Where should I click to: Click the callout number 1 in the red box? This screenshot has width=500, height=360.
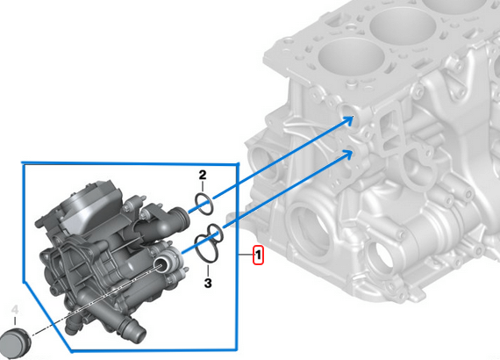[258, 255]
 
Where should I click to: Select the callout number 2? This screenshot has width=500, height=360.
[203, 175]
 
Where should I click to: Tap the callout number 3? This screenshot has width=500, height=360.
[208, 283]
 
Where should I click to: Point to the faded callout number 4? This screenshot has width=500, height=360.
[15, 310]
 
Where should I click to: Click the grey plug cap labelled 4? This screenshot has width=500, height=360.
[15, 342]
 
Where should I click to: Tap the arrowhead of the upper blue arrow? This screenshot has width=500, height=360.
[349, 120]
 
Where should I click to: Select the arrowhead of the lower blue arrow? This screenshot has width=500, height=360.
[348, 155]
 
